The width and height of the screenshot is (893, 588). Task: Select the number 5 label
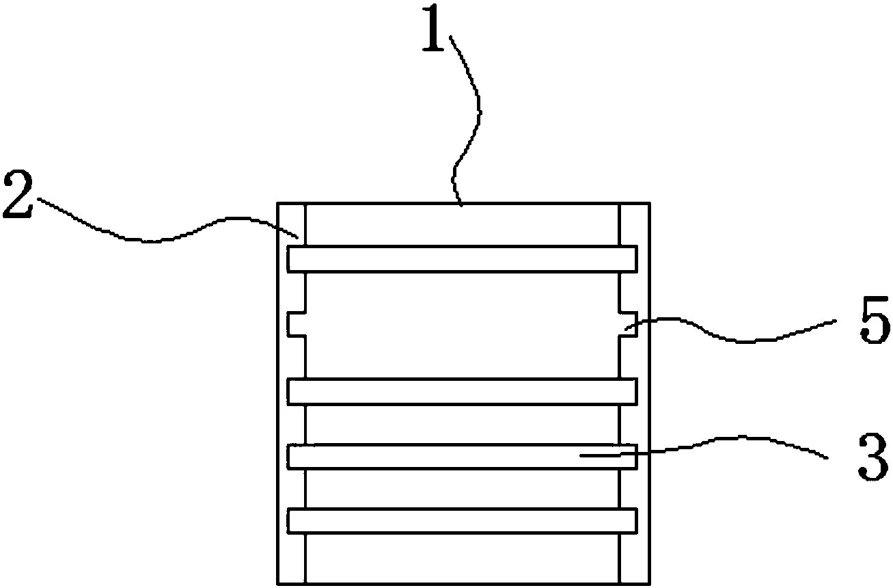(x=873, y=326)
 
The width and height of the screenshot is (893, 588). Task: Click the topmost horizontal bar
(x=463, y=259)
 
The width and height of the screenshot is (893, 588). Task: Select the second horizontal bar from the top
(x=463, y=392)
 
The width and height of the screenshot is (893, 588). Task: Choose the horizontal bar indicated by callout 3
(x=463, y=457)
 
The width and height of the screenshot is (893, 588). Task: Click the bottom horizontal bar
(x=463, y=520)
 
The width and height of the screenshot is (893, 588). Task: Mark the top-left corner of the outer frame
(x=277, y=203)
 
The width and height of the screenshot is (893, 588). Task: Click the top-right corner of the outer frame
(x=648, y=203)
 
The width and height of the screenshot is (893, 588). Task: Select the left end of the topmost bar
(x=290, y=259)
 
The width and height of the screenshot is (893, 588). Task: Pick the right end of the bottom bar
(x=635, y=520)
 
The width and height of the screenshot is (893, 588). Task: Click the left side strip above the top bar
(x=291, y=224)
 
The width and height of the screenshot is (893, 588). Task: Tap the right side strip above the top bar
(x=634, y=224)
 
